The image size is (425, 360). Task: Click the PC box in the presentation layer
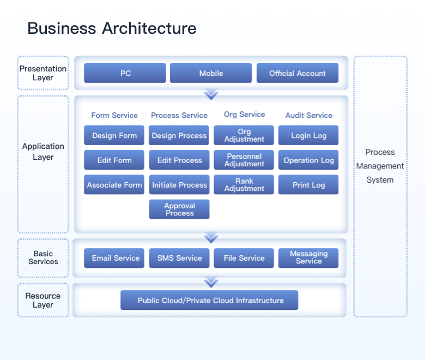coord(125,73)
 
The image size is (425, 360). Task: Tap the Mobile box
coord(211,73)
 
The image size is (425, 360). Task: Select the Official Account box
coord(297,73)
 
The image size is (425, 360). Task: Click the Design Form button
coord(114,135)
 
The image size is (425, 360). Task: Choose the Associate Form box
coord(114,185)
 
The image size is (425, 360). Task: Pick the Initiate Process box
coord(179,185)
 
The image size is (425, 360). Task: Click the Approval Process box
coord(179,209)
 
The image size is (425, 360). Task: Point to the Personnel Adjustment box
coord(244,160)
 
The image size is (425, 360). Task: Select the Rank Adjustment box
coord(244,185)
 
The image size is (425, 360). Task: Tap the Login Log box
coord(308,135)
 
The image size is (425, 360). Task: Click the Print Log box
coord(308,185)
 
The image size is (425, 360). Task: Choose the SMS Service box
coord(179,258)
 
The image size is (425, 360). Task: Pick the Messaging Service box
coord(308,258)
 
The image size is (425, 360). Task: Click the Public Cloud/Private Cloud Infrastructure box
coord(210,301)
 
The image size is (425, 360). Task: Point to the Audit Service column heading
coord(308,115)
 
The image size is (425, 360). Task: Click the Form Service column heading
coord(114,115)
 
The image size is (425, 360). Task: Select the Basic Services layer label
coord(43,257)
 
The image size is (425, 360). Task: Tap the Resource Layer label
coord(43,301)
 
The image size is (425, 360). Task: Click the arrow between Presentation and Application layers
coord(211,95)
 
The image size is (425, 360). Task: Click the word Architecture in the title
coord(149,28)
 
